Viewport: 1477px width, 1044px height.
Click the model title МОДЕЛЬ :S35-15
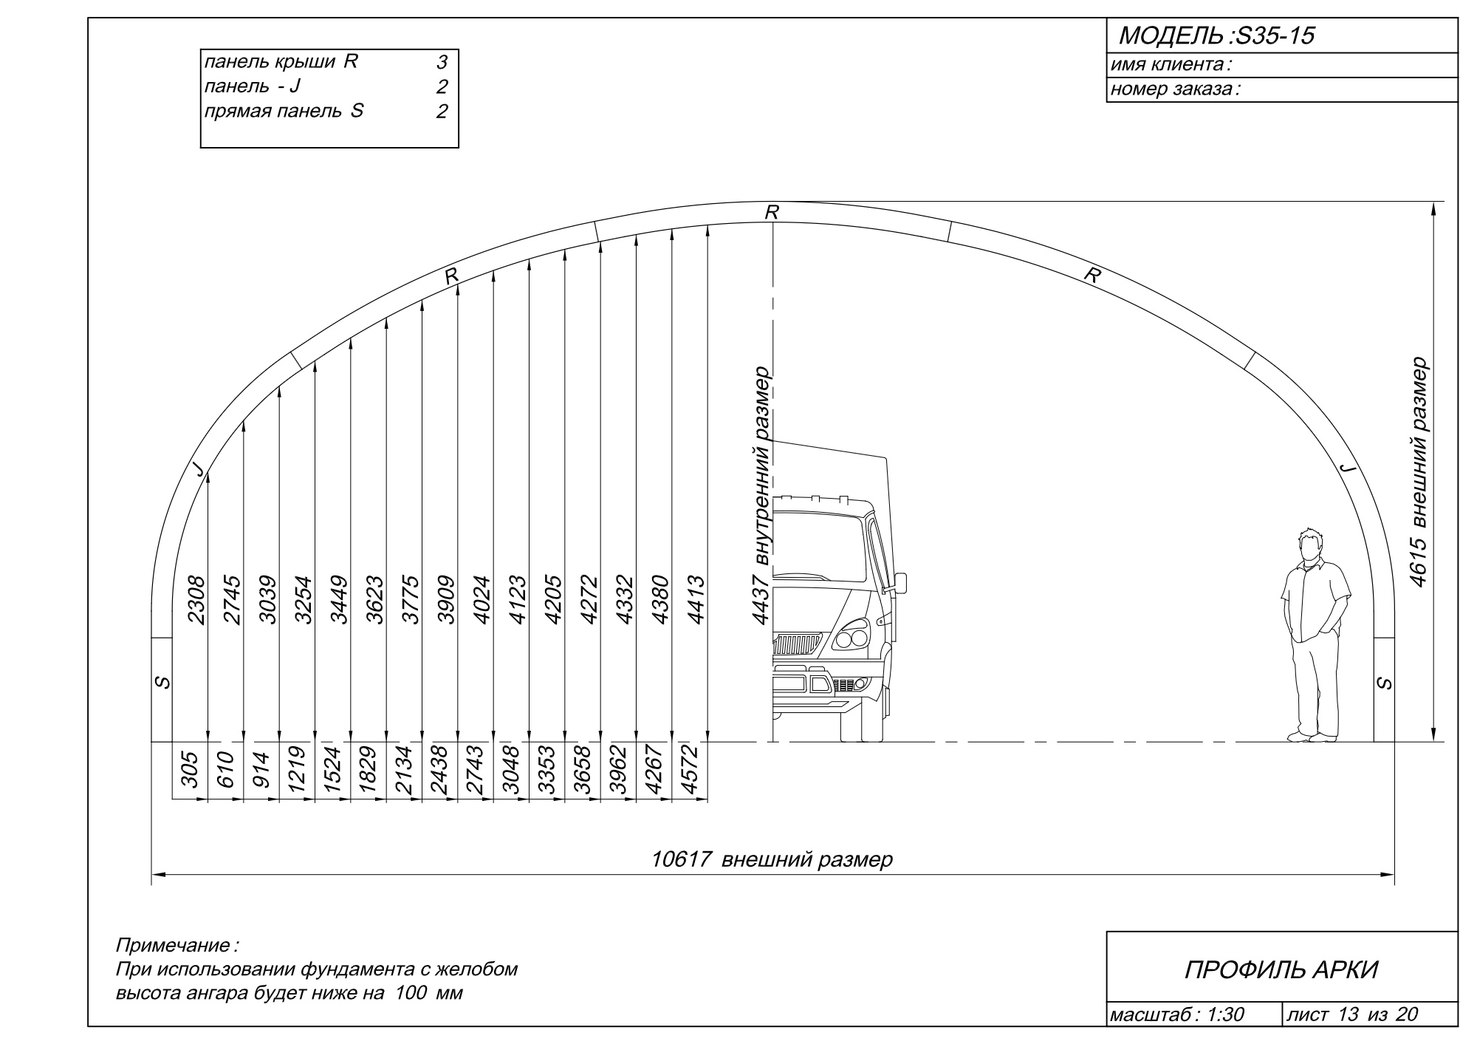point(1217,36)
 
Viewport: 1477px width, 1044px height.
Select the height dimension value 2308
point(196,600)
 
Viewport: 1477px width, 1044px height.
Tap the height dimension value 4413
point(696,600)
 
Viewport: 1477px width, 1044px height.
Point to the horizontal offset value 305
point(190,770)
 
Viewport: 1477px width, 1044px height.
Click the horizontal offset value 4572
point(690,770)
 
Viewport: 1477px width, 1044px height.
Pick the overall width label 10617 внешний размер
point(772,859)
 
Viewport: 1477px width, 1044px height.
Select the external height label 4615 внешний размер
point(1417,473)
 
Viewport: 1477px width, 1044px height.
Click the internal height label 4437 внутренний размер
point(761,496)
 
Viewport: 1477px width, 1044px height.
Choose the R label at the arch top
point(772,213)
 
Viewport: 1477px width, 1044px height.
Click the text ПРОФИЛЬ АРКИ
point(1281,970)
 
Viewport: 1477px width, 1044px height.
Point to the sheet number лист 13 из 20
point(1351,1014)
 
